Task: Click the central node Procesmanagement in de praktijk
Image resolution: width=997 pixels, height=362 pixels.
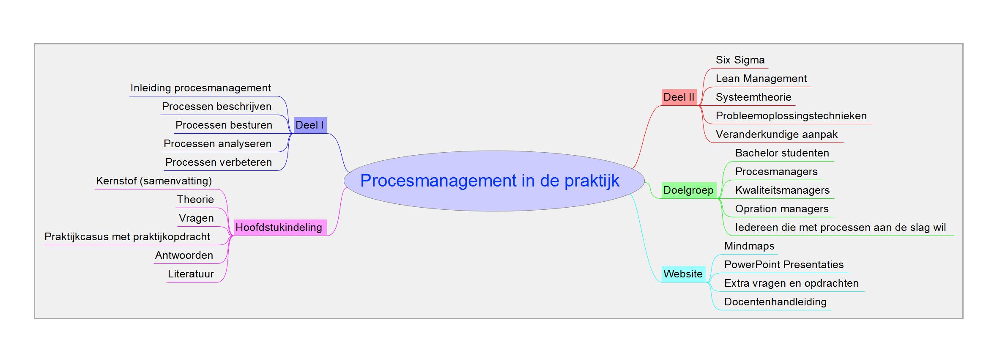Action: pos(494,181)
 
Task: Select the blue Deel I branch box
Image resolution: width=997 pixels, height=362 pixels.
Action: pos(310,125)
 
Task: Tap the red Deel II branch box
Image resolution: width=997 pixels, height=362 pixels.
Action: pos(679,97)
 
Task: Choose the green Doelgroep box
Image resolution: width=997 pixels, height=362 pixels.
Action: pos(689,190)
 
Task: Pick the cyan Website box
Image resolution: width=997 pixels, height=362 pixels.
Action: pos(683,274)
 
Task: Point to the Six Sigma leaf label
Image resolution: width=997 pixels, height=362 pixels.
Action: pos(740,60)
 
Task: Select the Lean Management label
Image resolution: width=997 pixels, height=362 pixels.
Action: pos(761,79)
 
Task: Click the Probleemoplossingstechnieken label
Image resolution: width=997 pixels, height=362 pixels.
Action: pos(791,116)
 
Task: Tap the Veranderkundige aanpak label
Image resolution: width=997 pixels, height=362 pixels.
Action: pos(777,134)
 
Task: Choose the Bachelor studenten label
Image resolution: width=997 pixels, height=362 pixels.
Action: pos(782,153)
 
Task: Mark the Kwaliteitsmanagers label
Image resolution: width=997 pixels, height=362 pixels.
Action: pos(783,190)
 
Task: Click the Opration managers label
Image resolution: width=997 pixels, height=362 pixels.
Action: pos(782,209)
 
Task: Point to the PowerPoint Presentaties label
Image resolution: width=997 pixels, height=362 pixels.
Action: pos(784,265)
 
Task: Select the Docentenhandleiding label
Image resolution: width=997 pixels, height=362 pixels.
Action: pos(775,302)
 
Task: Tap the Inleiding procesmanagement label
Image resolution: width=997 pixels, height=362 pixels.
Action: pos(201,88)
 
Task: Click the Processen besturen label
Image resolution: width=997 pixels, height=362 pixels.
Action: pos(224,125)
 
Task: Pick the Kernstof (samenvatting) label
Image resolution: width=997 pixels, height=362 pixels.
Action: pos(154,181)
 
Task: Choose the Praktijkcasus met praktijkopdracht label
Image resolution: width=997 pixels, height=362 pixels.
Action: pos(127,237)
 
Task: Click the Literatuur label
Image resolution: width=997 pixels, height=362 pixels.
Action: pos(191,274)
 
